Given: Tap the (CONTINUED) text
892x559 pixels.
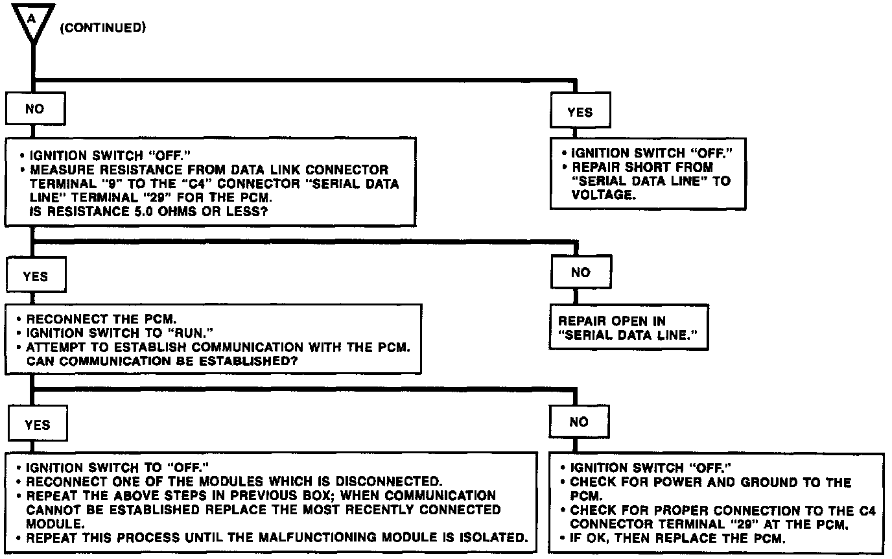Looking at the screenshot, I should point(102,29).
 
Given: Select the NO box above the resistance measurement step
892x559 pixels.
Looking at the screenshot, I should point(35,109).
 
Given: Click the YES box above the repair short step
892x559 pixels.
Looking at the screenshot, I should point(580,112).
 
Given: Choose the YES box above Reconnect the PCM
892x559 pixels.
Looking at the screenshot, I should point(35,276).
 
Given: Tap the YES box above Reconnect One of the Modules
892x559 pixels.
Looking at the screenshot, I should point(37,425).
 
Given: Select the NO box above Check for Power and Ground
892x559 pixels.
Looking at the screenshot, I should point(578,422).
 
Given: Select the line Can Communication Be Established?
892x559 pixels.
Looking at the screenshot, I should point(162,361).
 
